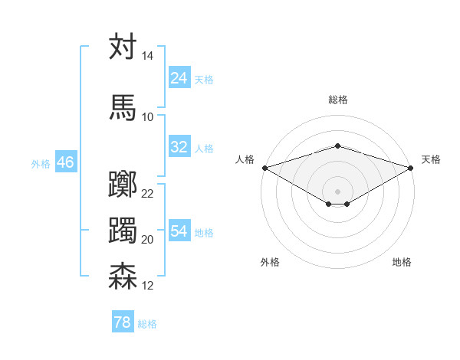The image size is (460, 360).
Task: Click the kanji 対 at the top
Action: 123,47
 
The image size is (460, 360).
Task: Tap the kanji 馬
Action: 123,107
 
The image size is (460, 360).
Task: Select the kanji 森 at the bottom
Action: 123,277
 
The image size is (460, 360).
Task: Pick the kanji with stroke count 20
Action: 123,231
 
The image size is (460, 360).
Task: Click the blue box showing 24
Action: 179,78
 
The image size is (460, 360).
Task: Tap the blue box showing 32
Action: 179,147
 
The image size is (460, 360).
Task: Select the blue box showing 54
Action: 179,231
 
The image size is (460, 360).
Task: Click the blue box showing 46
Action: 65,162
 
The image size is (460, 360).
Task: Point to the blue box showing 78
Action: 123,322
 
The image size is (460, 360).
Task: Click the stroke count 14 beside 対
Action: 147,57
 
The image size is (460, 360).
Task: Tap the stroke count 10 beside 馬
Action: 147,116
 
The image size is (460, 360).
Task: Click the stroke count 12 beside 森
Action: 147,286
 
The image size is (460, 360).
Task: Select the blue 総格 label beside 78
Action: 147,324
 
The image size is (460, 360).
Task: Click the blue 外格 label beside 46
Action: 41,163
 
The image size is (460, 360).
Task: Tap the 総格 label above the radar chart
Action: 337,100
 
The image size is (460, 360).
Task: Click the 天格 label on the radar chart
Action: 431,159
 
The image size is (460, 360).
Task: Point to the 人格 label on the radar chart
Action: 245,159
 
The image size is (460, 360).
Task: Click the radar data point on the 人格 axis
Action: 264,168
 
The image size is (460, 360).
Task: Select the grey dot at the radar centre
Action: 337,191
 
